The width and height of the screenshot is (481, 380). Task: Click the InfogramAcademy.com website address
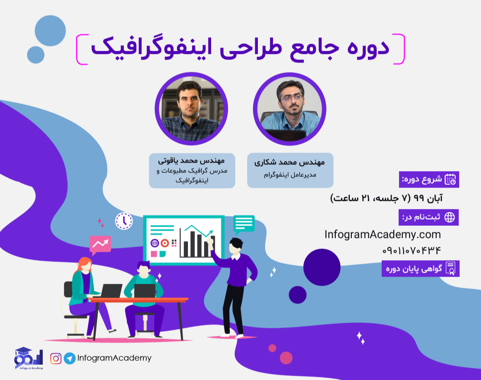383,234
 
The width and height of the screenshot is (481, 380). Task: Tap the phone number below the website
412,250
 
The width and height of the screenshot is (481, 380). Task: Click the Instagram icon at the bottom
56,358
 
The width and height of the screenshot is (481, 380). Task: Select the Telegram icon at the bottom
69,358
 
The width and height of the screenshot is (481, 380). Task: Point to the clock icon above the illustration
124,221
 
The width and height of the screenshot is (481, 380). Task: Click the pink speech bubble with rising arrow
100,244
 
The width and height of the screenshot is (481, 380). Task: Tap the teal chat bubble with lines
244,223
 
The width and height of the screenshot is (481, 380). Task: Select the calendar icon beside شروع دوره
450,180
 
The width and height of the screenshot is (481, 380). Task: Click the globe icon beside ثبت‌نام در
450,217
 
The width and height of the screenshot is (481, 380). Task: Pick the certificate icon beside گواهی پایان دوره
451,269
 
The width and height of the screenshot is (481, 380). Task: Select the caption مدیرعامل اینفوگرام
290,175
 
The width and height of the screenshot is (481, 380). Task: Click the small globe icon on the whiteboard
155,243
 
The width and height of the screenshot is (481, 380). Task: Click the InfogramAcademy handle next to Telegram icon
114,358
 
